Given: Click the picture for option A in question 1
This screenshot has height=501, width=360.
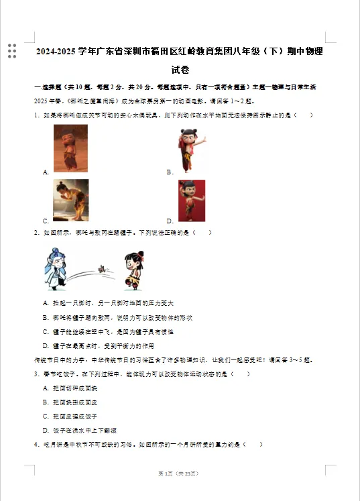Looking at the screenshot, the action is point(70,148).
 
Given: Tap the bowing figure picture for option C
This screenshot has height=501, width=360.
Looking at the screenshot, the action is point(70,200).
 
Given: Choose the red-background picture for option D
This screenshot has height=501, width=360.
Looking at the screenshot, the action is point(191,201).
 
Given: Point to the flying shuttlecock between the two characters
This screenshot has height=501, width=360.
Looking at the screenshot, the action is point(102,268).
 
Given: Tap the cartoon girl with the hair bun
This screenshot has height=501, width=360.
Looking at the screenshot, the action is point(133,269).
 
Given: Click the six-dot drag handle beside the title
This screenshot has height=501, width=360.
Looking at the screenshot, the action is point(12,51).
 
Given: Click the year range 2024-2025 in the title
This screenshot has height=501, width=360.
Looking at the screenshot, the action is point(56,52).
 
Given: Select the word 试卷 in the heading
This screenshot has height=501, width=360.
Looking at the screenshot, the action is point(180,70).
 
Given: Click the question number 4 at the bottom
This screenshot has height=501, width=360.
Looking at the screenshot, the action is point(36,444).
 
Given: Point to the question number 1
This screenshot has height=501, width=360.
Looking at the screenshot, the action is point(36,115).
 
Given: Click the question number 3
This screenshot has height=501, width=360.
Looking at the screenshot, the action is point(36,374).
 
